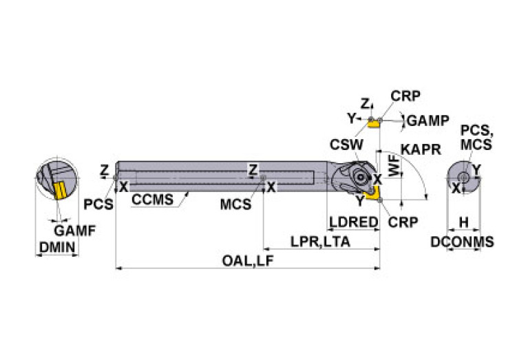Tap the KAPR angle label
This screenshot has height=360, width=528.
click(x=421, y=149)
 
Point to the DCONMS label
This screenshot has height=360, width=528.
click(x=463, y=242)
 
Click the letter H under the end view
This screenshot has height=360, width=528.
click(x=463, y=222)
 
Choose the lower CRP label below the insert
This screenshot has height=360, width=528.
click(x=402, y=222)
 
